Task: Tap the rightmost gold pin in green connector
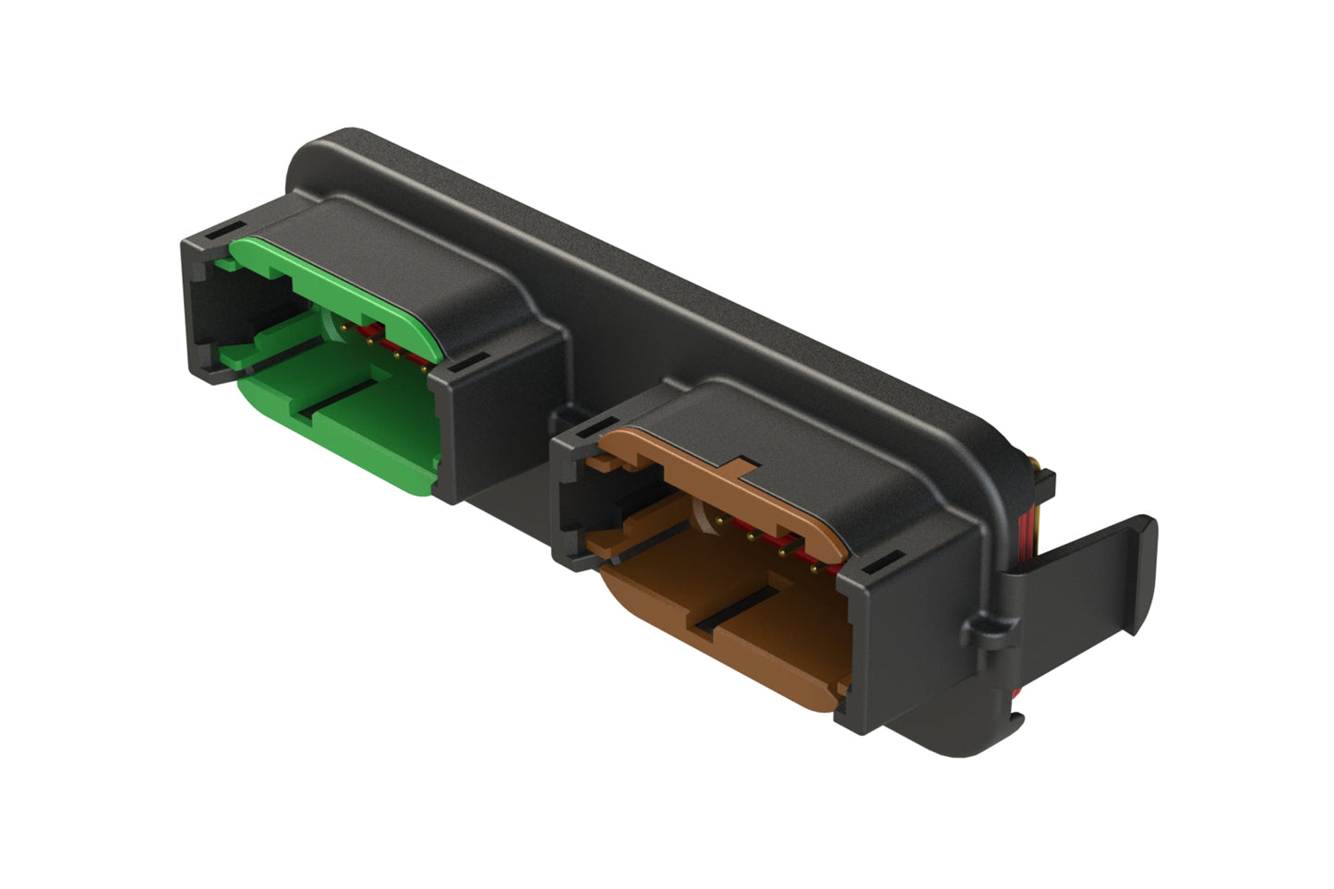[x=424, y=368]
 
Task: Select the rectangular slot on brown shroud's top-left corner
[x=582, y=428]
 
